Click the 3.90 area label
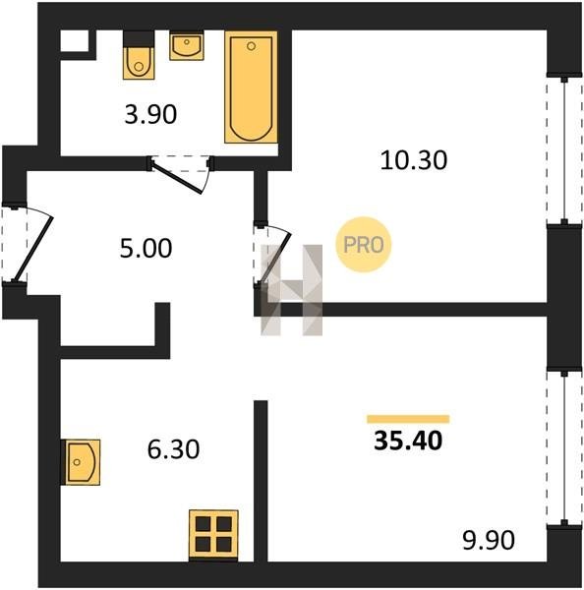(150, 114)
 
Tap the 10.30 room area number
(414, 160)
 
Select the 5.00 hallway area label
(146, 249)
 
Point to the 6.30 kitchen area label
(173, 449)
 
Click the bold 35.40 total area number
(408, 441)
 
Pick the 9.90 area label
(489, 540)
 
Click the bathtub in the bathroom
(251, 87)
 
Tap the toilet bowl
(139, 63)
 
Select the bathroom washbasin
(187, 46)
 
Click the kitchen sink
(82, 462)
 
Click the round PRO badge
(364, 245)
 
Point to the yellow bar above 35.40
(408, 419)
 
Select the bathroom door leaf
(176, 178)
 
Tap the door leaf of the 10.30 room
(276, 258)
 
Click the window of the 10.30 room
(564, 150)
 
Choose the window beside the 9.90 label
(564, 448)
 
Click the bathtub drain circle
(252, 46)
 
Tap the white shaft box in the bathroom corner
(75, 40)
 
